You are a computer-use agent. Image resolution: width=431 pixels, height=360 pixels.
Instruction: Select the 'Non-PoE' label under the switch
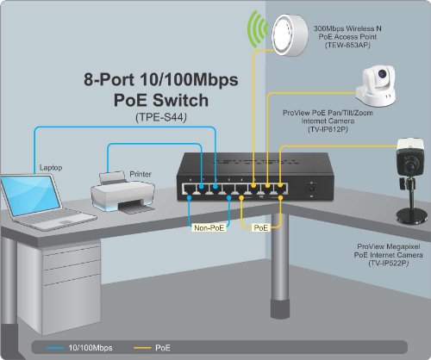point(209,229)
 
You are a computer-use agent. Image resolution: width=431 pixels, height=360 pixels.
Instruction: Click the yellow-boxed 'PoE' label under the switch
point(260,229)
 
